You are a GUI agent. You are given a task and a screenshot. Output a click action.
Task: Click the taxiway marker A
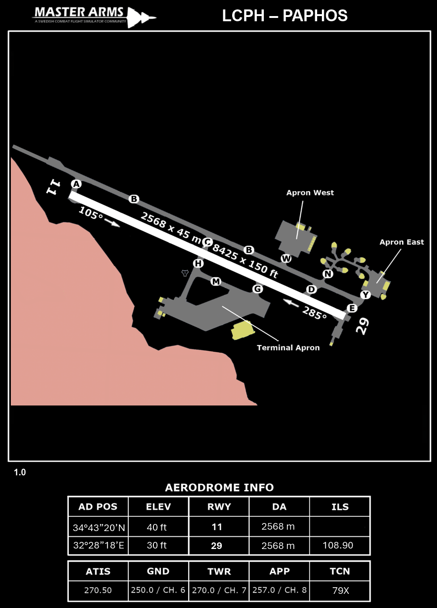[76, 184]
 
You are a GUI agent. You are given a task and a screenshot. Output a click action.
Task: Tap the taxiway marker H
[198, 263]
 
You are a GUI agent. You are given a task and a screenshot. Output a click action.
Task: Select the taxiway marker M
[216, 281]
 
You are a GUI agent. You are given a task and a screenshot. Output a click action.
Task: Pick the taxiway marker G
[257, 288]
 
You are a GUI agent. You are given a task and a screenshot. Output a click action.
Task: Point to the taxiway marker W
[286, 258]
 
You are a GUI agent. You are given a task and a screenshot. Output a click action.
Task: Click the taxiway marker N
[328, 274]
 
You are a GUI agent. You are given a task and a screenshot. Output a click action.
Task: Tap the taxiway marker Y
[365, 295]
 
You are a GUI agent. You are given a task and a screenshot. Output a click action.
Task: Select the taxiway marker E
[352, 308]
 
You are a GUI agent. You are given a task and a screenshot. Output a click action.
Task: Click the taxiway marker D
[311, 289]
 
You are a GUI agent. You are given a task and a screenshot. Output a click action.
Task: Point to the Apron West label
[310, 193]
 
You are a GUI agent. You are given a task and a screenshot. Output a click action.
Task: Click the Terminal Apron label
[288, 348]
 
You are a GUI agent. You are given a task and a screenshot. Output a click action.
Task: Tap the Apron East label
[402, 242]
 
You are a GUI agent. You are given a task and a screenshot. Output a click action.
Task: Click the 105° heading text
[91, 213]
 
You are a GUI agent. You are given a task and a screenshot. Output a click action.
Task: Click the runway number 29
[362, 326]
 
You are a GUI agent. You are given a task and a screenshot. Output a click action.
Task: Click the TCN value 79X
[339, 590]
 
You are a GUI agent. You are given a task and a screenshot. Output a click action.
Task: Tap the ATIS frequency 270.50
[98, 590]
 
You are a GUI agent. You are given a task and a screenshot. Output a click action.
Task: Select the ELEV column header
[158, 507]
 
